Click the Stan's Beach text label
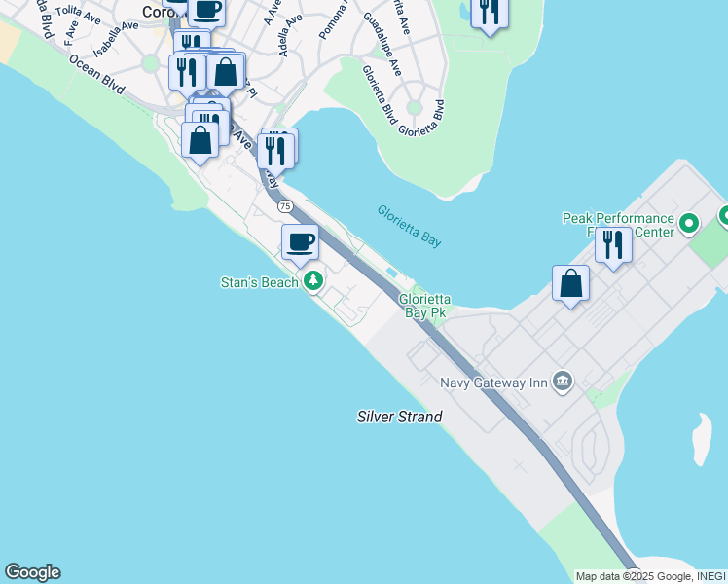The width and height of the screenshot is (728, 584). (x=260, y=283)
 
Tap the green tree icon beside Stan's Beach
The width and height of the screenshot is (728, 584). (x=313, y=282)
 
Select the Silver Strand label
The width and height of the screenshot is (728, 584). (x=399, y=417)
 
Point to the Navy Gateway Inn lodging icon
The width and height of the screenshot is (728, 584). (x=562, y=382)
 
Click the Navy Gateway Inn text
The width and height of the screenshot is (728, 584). (x=493, y=383)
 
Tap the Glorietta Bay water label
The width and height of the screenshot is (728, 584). (x=409, y=225)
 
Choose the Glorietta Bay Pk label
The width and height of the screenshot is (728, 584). (x=423, y=307)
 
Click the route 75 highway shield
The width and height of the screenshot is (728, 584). (x=285, y=206)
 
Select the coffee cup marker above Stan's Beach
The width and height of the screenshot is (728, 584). (x=300, y=241)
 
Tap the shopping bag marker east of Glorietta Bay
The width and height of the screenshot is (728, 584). (x=570, y=284)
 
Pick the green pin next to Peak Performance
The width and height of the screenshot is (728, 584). (x=689, y=225)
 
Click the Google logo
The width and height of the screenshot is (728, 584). (x=32, y=572)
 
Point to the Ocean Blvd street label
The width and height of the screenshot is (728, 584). (x=96, y=73)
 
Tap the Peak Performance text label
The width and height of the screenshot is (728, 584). (x=618, y=219)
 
